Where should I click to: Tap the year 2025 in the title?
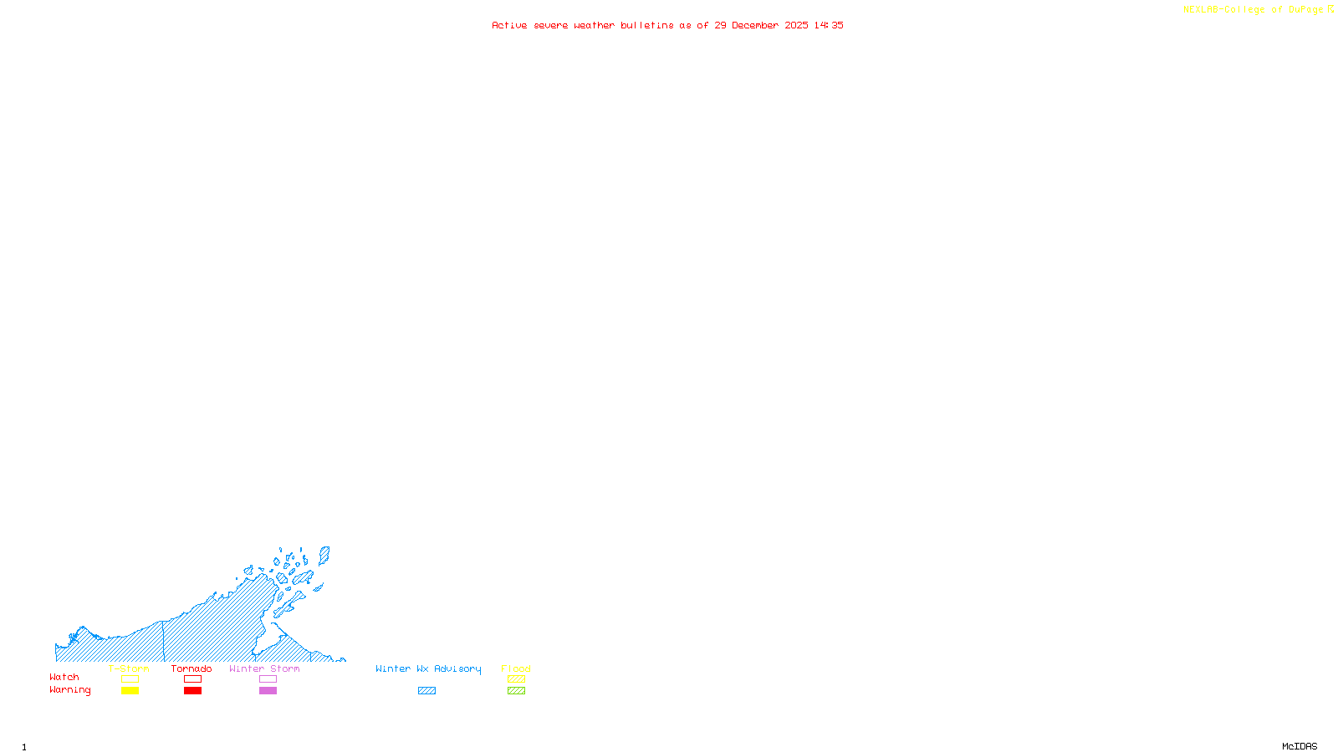click(796, 25)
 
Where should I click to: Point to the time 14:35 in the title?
click(829, 25)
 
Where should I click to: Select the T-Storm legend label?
click(129, 668)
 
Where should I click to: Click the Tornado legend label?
click(192, 668)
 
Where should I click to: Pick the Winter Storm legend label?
click(264, 668)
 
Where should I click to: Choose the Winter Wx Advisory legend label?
click(428, 668)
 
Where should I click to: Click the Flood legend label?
click(516, 668)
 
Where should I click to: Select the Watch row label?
click(64, 677)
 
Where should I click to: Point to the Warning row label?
click(70, 690)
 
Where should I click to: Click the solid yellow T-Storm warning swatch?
click(130, 691)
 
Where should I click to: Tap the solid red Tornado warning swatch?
click(192, 691)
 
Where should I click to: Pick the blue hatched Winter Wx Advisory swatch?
click(426, 691)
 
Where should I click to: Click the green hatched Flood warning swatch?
click(516, 691)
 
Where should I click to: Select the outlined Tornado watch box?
click(192, 679)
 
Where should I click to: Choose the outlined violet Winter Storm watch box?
click(268, 679)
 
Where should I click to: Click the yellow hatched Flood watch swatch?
click(516, 679)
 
